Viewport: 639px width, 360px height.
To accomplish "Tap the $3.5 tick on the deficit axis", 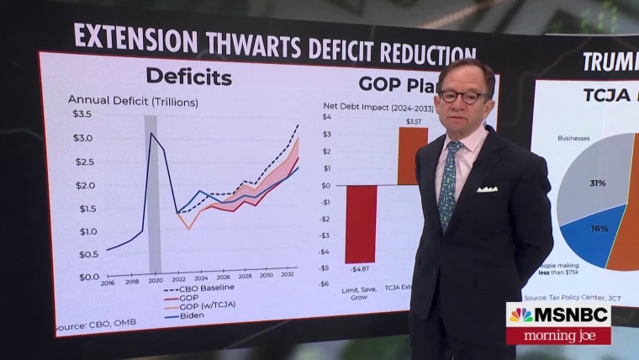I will click(82, 114).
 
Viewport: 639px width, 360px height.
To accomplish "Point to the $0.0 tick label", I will click(88, 277).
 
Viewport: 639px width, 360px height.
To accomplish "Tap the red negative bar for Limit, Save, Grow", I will click(361, 224).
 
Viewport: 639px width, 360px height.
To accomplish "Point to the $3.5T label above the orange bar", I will click(414, 122).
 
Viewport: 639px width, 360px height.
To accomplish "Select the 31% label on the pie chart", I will click(598, 183).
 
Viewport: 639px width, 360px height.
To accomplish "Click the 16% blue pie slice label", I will click(599, 228).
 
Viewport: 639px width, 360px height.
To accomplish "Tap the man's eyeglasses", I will click(463, 97).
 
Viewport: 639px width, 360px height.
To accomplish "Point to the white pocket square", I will click(487, 188).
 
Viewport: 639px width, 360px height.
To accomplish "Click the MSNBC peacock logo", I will click(521, 315).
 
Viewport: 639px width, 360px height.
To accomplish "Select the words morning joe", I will click(558, 335).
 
